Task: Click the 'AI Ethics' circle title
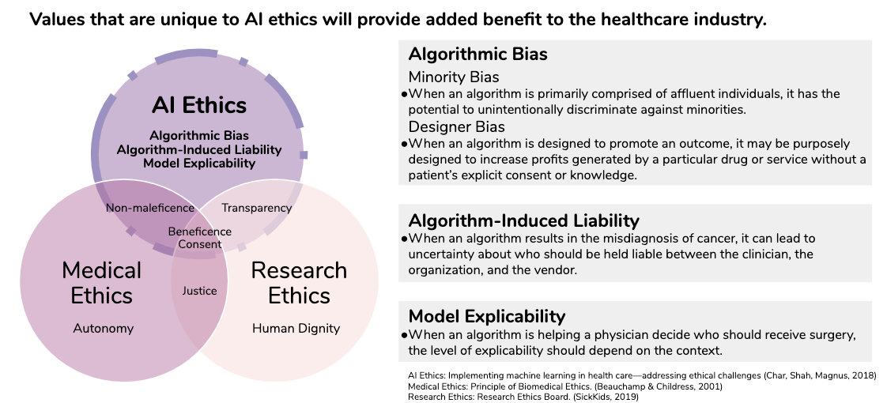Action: pyautogui.click(x=199, y=105)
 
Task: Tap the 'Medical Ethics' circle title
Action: pyautogui.click(x=102, y=283)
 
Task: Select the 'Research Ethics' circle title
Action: pyautogui.click(x=299, y=283)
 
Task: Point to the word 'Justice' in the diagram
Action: pyautogui.click(x=199, y=291)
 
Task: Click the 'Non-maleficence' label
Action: pyautogui.click(x=150, y=208)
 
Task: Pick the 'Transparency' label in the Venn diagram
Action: pyautogui.click(x=257, y=208)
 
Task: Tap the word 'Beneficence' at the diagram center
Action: pyautogui.click(x=200, y=232)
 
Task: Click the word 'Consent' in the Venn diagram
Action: pyautogui.click(x=200, y=245)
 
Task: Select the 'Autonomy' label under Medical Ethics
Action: pyautogui.click(x=104, y=329)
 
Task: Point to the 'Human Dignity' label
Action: pyautogui.click(x=296, y=329)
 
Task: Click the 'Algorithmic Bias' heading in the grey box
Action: pyautogui.click(x=478, y=55)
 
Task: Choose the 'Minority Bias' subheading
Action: pyautogui.click(x=454, y=77)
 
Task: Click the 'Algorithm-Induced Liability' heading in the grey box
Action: pyautogui.click(x=524, y=220)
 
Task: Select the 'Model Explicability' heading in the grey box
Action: pyautogui.click(x=487, y=315)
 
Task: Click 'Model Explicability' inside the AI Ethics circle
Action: pyautogui.click(x=199, y=164)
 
